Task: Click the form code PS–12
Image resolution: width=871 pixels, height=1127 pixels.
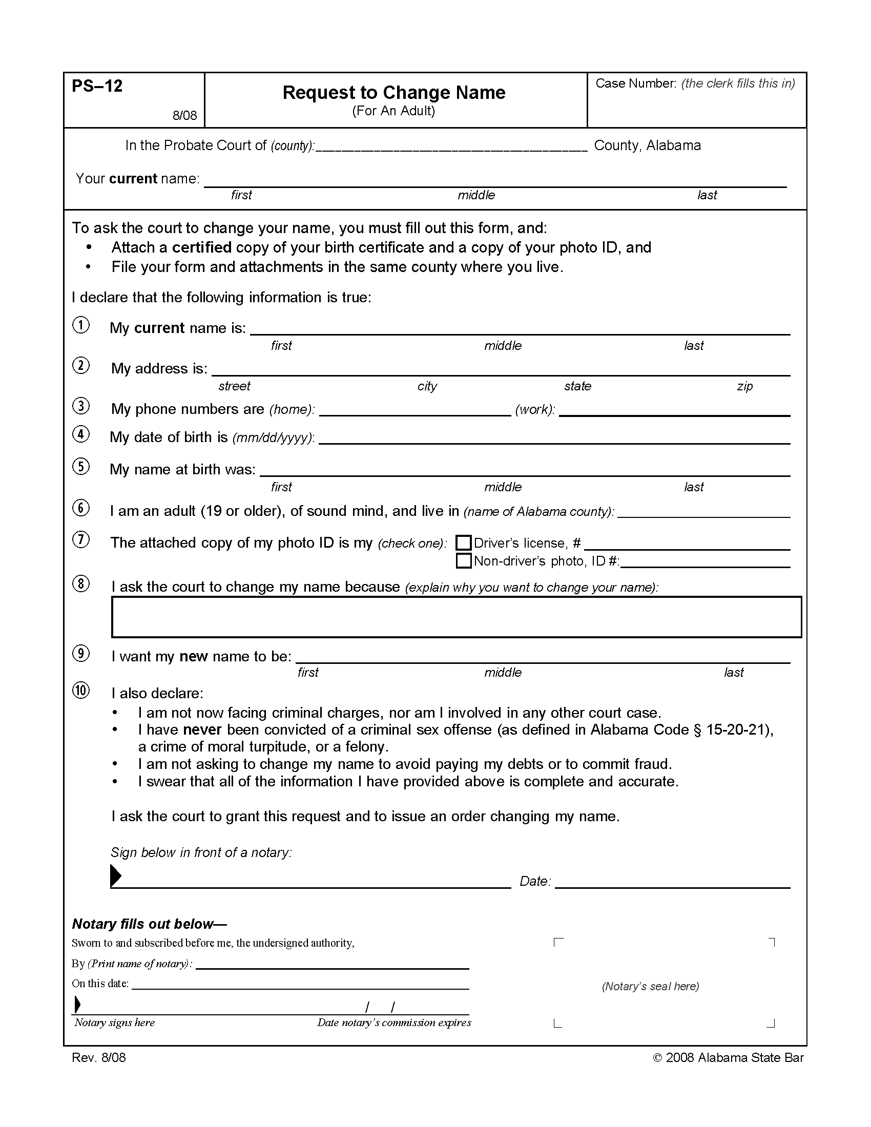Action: [x=97, y=86]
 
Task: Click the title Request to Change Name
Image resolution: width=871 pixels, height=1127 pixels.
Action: [x=393, y=93]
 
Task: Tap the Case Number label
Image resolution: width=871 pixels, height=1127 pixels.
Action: [x=635, y=84]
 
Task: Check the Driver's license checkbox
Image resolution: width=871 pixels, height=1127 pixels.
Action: [x=463, y=543]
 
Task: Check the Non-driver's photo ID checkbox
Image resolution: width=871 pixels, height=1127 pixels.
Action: [x=463, y=561]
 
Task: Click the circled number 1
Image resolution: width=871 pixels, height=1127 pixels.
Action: [x=81, y=325]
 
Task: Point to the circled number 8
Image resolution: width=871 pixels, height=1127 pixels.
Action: [x=81, y=584]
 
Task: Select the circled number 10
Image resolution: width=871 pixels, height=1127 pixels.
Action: [x=81, y=691]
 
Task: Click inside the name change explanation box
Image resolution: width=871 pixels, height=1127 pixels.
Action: [x=456, y=617]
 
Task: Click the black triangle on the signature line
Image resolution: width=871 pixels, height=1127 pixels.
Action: [x=116, y=875]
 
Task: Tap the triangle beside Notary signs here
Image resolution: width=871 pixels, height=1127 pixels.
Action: [x=77, y=1005]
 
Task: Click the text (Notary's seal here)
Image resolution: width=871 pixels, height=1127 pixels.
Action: [x=650, y=986]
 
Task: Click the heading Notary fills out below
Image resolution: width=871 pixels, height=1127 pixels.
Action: [x=149, y=924]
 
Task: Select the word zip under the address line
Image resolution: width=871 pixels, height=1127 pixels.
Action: [x=744, y=386]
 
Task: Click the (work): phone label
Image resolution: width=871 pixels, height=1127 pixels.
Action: [x=535, y=410]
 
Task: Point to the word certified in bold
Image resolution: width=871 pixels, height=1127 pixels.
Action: [x=202, y=248]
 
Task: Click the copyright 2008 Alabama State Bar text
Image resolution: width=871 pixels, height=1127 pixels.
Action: [x=728, y=1058]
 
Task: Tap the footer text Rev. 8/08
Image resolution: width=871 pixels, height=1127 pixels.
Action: [x=98, y=1058]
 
